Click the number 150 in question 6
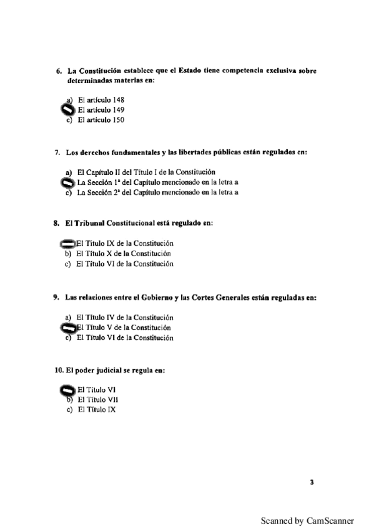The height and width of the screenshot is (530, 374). [115, 120]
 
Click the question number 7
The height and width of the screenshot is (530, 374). [57, 152]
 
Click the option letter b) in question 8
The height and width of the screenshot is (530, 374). [68, 254]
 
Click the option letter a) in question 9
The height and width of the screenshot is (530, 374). [68, 317]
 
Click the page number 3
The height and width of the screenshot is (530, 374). [312, 482]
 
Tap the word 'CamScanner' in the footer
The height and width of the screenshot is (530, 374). [330, 520]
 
